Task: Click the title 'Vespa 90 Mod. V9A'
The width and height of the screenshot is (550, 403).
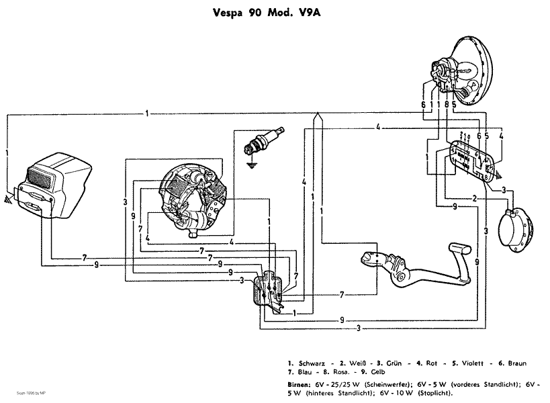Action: (x=274, y=11)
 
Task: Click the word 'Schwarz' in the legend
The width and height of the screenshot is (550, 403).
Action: (x=310, y=363)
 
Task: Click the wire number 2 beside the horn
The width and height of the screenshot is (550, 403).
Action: (x=474, y=199)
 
